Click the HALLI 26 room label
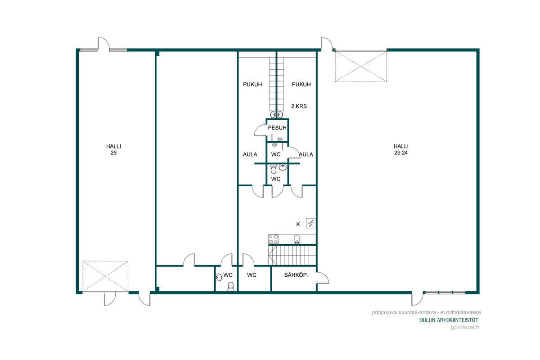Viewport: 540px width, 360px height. [x=113, y=149]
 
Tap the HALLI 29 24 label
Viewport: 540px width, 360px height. [x=401, y=149]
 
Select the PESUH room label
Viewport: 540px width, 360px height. [x=277, y=127]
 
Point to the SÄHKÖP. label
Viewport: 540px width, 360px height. [x=296, y=275]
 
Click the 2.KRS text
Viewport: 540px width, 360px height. [x=299, y=106]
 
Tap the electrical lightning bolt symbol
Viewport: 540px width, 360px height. [x=311, y=223]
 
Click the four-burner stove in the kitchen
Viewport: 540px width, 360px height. [x=274, y=239]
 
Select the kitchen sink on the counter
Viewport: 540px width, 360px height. [x=297, y=239]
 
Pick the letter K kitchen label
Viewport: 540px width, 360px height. [x=298, y=224]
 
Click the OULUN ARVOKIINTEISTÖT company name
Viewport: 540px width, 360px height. [x=449, y=320]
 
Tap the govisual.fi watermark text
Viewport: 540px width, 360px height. [x=464, y=327]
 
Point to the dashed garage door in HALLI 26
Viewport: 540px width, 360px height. [x=105, y=276]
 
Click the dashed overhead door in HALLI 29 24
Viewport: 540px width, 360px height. [x=361, y=66]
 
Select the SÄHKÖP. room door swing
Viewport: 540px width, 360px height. [x=323, y=278]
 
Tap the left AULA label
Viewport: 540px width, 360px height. [x=250, y=154]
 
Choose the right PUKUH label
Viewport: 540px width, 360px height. [x=301, y=85]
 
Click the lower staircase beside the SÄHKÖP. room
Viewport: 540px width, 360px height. [x=292, y=255]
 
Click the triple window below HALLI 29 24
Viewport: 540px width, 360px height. [x=445, y=293]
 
